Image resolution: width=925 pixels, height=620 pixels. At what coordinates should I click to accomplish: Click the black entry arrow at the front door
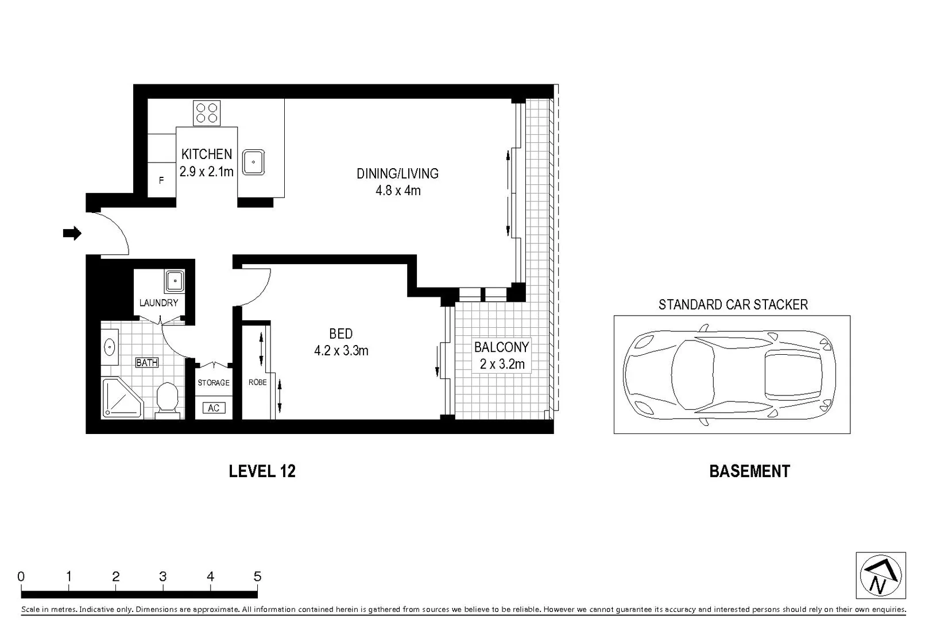point(72,233)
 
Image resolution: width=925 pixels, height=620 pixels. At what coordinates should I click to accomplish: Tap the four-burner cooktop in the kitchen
point(207,113)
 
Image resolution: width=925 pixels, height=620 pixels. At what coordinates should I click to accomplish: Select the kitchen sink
point(253,162)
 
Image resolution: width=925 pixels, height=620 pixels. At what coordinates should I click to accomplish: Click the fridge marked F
point(161,180)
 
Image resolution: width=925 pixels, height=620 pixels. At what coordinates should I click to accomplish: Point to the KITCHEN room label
point(207,154)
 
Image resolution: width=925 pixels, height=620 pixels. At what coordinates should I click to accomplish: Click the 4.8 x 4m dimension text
point(398,191)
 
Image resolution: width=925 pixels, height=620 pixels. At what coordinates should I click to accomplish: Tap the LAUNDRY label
point(158,303)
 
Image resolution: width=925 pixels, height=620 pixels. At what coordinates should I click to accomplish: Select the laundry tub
point(175,281)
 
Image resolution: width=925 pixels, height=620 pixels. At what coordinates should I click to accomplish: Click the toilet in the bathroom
point(167,398)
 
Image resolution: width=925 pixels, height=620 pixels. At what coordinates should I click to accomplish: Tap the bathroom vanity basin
point(109,347)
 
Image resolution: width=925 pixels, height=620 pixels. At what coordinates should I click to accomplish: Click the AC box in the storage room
point(214,408)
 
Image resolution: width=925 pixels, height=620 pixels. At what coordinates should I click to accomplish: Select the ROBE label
point(257,382)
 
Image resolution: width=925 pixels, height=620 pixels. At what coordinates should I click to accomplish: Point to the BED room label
point(340,334)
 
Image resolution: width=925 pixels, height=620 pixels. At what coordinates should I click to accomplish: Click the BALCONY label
point(501,347)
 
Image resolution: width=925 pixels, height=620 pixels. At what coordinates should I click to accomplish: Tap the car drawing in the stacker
point(729,375)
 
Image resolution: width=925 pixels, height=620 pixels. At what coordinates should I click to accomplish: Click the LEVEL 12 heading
point(262,471)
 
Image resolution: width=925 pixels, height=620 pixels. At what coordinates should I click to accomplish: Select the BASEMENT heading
point(749,471)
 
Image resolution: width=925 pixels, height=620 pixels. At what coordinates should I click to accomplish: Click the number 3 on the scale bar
point(163,576)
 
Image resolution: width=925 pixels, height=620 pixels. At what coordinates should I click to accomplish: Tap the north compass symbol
point(880,576)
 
